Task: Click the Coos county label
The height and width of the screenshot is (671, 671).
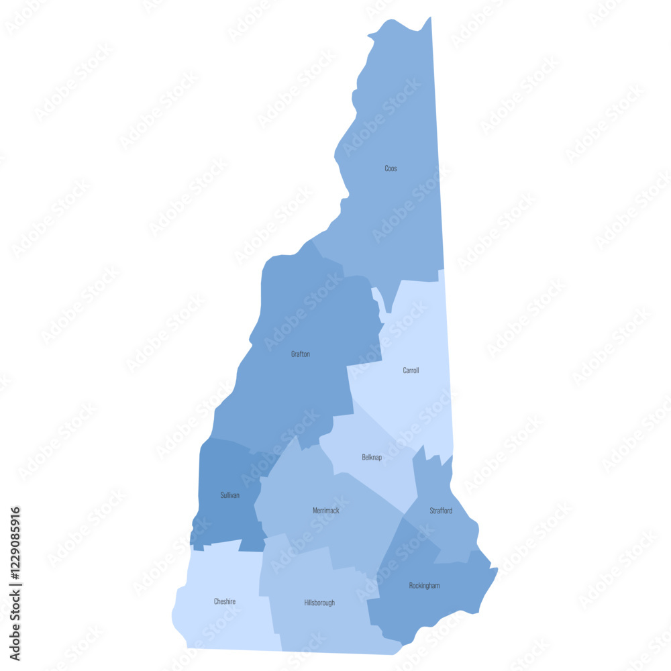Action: (391, 168)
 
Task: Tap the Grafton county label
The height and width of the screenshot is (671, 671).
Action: (301, 354)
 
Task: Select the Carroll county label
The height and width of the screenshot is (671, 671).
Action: (411, 370)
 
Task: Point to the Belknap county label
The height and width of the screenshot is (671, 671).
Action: (372, 457)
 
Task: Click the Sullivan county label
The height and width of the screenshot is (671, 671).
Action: (229, 495)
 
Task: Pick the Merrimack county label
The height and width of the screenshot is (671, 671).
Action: (326, 511)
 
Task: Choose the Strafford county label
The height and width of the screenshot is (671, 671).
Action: (441, 511)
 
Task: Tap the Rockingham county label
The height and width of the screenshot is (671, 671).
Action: (425, 586)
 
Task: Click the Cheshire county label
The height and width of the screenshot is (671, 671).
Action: (225, 602)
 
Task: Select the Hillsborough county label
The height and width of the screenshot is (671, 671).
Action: (319, 603)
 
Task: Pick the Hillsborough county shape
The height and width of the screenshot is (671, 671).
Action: (322, 624)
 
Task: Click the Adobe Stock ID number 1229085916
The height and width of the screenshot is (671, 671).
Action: (15, 574)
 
